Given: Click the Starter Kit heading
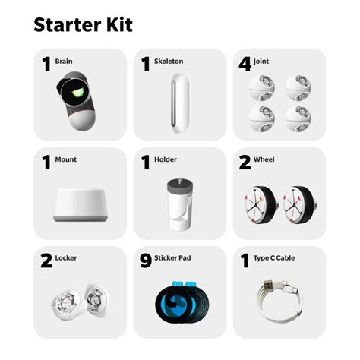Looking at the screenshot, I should tap(83, 24).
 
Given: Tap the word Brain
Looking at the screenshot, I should tap(64, 62).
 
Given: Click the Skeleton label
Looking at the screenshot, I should tap(169, 62).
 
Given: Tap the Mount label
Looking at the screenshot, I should tap(66, 159).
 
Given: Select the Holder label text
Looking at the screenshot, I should tap(166, 159).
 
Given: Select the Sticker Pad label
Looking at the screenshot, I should tap(174, 258).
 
